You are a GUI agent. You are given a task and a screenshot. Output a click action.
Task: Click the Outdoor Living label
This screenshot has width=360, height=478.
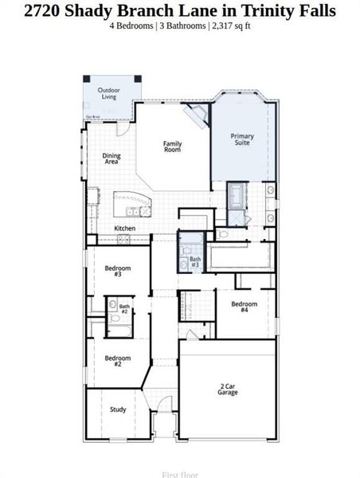[x=109, y=94]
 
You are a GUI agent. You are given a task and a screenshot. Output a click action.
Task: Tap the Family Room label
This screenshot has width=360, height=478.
[x=172, y=147]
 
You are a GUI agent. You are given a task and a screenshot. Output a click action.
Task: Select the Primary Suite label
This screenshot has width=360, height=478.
[x=242, y=139]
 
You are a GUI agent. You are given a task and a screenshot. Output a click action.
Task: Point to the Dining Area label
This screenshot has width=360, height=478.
[x=112, y=159]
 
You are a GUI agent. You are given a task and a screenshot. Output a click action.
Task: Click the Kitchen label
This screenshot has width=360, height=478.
[x=124, y=229]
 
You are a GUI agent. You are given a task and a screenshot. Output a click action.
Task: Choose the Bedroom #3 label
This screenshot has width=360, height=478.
[x=117, y=271]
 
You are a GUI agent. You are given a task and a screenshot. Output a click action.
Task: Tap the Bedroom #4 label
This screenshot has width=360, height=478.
[x=244, y=307]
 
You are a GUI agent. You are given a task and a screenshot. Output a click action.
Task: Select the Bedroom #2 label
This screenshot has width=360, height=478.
[x=117, y=360]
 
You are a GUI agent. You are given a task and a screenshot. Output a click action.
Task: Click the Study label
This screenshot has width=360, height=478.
[x=118, y=409]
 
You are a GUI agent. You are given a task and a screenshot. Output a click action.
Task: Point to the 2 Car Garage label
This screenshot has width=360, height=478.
[x=228, y=390]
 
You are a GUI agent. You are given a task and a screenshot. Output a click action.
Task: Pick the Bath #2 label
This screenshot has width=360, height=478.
[x=124, y=308]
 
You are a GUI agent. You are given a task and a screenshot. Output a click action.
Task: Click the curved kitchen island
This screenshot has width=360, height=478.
[x=132, y=202]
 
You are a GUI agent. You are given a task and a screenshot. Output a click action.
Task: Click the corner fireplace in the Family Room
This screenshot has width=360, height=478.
[x=194, y=117]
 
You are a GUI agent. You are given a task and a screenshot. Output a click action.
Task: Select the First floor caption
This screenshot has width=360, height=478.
[x=179, y=474]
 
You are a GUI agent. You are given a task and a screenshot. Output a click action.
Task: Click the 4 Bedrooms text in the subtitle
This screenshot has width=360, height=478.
[x=132, y=25]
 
